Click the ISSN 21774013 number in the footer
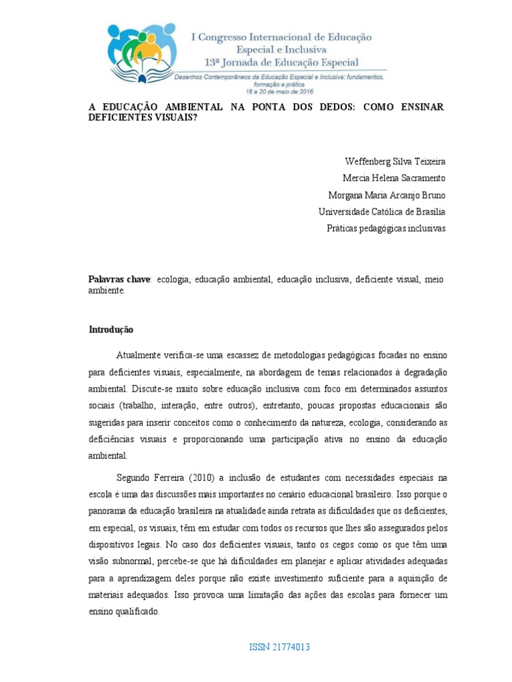(279, 647)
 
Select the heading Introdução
(111, 330)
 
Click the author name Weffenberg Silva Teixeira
(395, 162)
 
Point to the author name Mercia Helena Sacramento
(394, 178)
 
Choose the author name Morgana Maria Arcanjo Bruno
(387, 195)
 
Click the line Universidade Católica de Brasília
(382, 212)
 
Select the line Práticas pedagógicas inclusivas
(386, 228)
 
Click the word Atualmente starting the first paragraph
(139, 356)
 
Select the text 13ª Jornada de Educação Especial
(282, 63)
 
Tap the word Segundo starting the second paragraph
(135, 478)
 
